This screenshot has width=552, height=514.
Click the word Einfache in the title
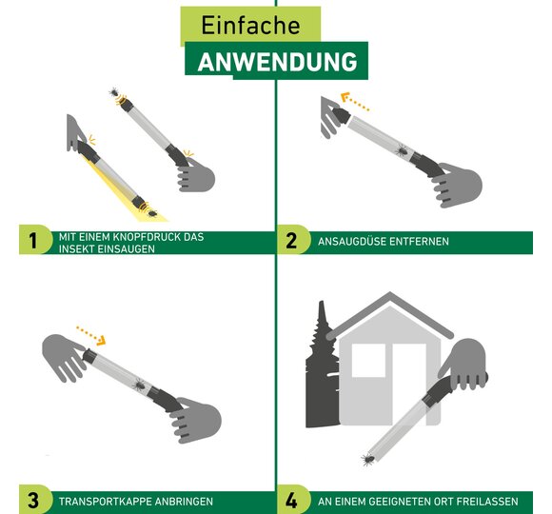(x=250, y=26)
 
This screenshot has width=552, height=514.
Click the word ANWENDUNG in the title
(x=277, y=62)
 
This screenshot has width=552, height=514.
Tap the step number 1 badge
(x=35, y=240)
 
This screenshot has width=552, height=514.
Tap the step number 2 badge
(x=293, y=240)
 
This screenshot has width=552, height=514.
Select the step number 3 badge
(x=35, y=500)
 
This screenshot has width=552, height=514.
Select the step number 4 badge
(x=293, y=500)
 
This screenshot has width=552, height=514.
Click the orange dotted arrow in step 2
(x=355, y=102)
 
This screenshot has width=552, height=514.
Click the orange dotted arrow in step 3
(x=91, y=335)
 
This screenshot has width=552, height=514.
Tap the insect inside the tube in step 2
(x=402, y=150)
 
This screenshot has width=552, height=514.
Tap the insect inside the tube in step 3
(x=139, y=385)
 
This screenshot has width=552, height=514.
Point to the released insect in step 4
(x=368, y=460)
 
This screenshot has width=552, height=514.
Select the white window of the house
(x=369, y=361)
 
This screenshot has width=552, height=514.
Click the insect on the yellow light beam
(x=152, y=213)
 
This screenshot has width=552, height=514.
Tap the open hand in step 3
(x=65, y=356)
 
